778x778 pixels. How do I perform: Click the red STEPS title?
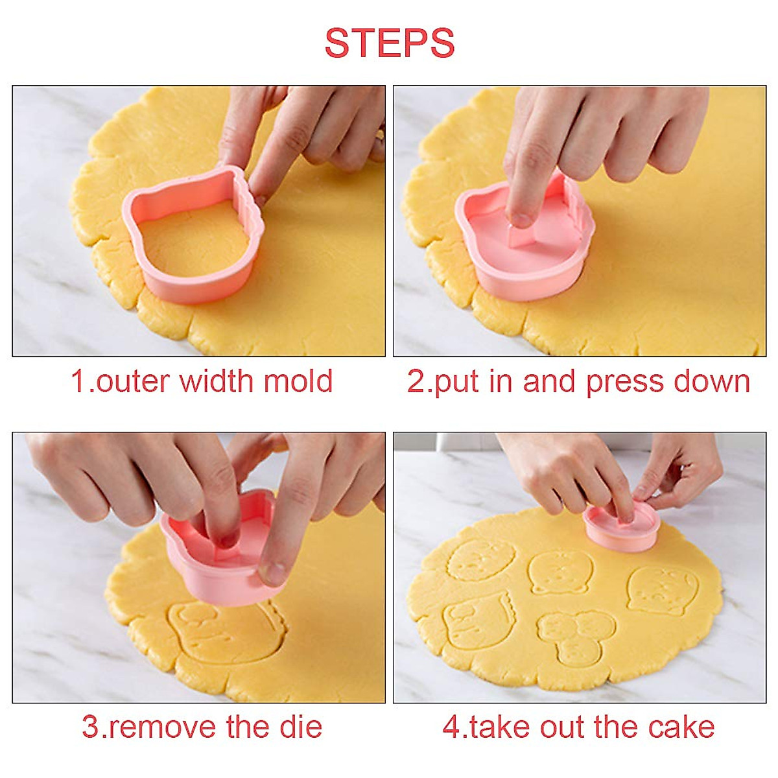click(389, 43)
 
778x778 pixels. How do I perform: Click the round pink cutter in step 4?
click(620, 528)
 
